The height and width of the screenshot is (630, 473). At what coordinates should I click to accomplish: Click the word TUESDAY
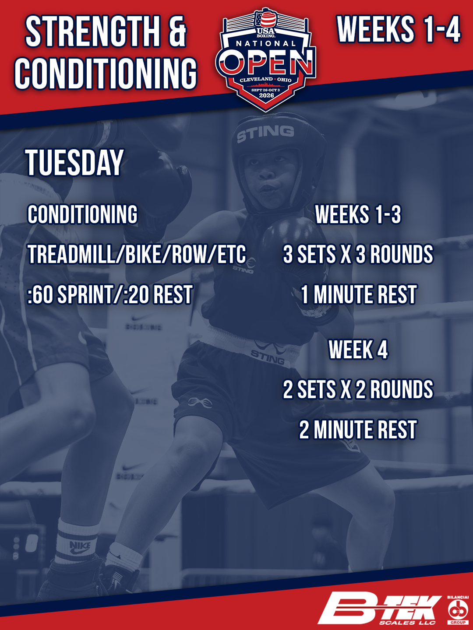click(x=74, y=163)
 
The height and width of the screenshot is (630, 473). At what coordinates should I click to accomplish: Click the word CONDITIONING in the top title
click(x=106, y=73)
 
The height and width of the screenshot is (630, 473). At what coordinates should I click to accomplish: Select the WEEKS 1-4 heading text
click(x=399, y=29)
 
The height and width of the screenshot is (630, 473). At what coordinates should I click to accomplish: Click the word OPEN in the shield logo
click(x=267, y=62)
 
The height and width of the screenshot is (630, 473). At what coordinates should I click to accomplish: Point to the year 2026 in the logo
click(x=266, y=95)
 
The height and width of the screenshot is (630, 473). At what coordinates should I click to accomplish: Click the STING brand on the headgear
click(x=265, y=133)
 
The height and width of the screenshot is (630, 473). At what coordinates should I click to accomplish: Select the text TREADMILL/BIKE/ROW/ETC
click(x=137, y=254)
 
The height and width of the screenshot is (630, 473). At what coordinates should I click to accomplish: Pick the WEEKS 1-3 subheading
click(x=358, y=214)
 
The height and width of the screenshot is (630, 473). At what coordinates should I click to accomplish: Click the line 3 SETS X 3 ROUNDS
click(x=358, y=254)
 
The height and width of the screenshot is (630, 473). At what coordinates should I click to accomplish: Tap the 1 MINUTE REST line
click(x=358, y=294)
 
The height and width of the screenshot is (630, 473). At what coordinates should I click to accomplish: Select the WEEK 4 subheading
click(x=358, y=350)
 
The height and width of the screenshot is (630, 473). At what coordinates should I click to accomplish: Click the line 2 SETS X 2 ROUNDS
click(x=358, y=389)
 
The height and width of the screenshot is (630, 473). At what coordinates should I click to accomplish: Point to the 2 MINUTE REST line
click(x=358, y=430)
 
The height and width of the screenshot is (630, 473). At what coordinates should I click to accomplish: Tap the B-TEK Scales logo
click(x=379, y=608)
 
